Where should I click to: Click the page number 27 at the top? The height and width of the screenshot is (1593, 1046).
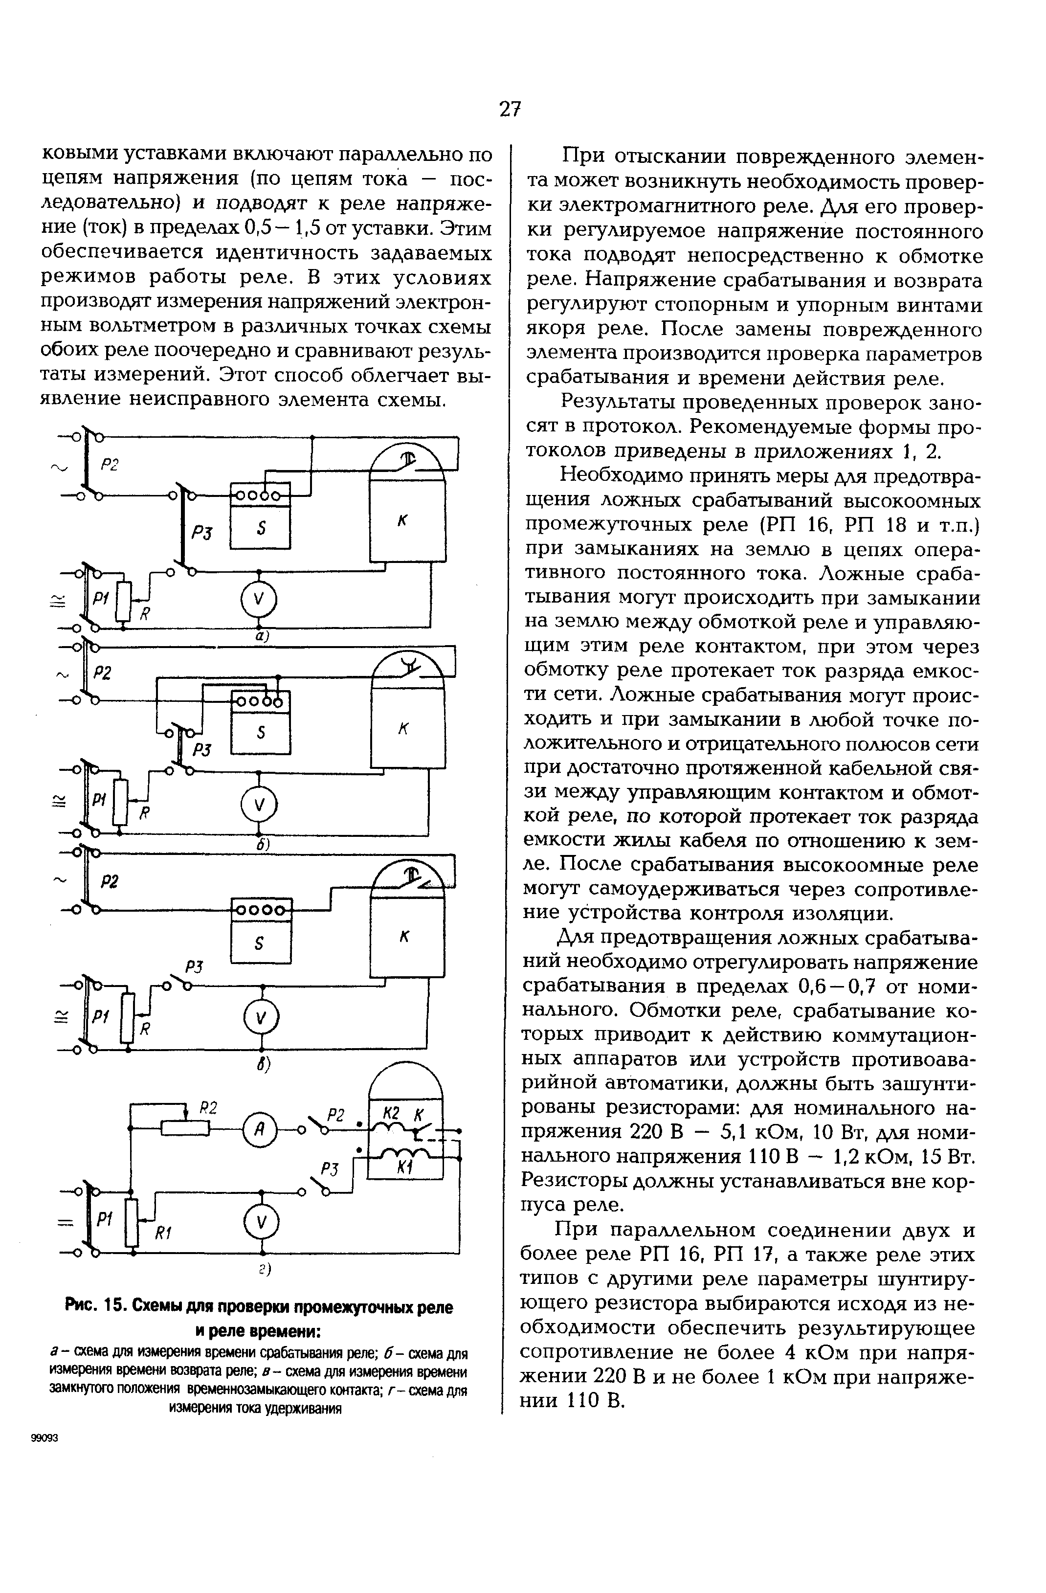(510, 109)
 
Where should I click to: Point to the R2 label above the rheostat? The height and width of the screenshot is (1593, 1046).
(209, 1107)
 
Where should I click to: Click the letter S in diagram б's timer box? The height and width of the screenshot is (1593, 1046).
(261, 732)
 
